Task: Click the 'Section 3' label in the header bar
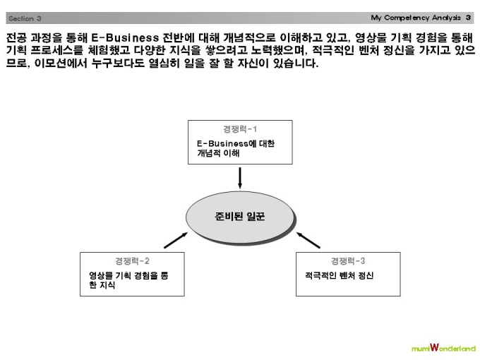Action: (x=25, y=18)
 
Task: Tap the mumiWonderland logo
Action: (x=443, y=348)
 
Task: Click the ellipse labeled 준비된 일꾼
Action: (x=240, y=217)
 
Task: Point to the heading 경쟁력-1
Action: (x=240, y=129)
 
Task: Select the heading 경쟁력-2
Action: (x=132, y=261)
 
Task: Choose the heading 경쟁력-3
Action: (x=348, y=261)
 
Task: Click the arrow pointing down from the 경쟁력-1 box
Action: (x=240, y=178)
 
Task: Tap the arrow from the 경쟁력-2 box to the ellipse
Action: (x=176, y=240)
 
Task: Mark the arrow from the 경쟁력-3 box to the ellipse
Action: (x=308, y=240)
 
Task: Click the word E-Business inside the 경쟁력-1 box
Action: (x=222, y=143)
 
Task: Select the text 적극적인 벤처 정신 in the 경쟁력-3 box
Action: (x=340, y=275)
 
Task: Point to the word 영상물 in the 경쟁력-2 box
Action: (x=100, y=275)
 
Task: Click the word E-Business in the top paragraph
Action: (x=125, y=37)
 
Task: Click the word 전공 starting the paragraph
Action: (x=16, y=37)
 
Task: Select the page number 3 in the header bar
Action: (x=468, y=18)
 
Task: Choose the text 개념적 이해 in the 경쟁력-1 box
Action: (x=218, y=153)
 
